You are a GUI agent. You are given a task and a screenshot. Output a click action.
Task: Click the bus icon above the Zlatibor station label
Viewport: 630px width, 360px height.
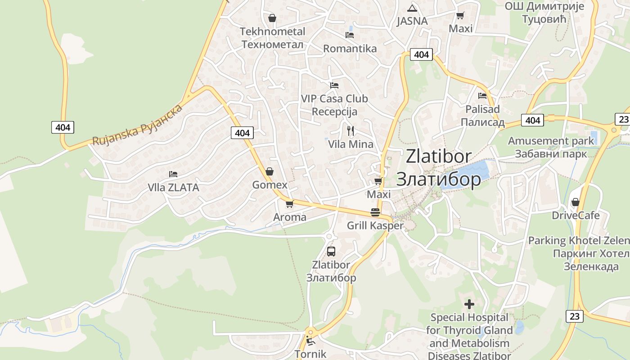click(331, 252)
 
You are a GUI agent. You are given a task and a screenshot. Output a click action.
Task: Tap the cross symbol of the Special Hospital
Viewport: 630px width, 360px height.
click(469, 305)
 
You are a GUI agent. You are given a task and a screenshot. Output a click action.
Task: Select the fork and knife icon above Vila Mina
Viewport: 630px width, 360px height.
click(351, 131)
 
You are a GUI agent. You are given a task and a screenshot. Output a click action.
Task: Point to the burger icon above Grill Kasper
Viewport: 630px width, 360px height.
click(375, 212)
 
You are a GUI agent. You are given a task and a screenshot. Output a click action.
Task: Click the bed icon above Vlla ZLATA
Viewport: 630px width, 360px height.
click(173, 174)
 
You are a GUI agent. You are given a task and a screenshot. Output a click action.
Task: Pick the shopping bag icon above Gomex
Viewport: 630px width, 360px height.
click(270, 171)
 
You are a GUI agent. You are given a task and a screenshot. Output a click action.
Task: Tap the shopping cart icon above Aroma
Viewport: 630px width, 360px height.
click(290, 204)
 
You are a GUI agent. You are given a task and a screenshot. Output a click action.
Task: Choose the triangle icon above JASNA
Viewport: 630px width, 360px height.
click(412, 8)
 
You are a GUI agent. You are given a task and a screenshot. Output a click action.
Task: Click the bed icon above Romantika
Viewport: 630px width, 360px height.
click(350, 35)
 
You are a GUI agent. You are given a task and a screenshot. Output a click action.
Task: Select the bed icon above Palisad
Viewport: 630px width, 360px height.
click(482, 95)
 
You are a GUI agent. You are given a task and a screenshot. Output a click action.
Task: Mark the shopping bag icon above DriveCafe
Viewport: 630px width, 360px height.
click(575, 202)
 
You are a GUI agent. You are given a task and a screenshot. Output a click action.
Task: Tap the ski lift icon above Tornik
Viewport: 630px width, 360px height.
click(310, 340)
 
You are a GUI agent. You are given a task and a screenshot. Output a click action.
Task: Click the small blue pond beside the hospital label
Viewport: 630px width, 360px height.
click(519, 327)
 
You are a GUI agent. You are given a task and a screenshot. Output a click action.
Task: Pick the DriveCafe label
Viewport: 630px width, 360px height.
click(576, 216)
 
